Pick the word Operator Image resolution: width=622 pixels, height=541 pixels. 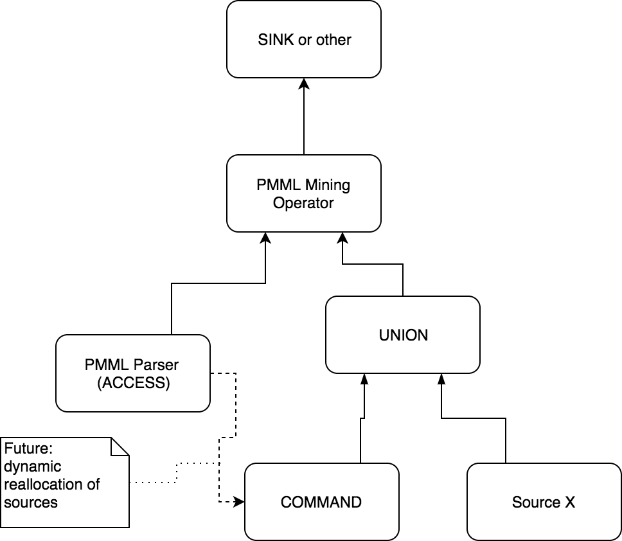coord(303,203)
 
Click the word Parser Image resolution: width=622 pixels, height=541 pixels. coord(156,365)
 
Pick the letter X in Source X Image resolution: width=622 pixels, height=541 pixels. coord(569,502)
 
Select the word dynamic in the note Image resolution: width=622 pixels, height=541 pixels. coord(31,466)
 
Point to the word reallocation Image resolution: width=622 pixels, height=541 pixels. coord(42,484)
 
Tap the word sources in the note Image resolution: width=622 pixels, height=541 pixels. coord(30,502)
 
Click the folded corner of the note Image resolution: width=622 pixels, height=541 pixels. coord(121,447)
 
